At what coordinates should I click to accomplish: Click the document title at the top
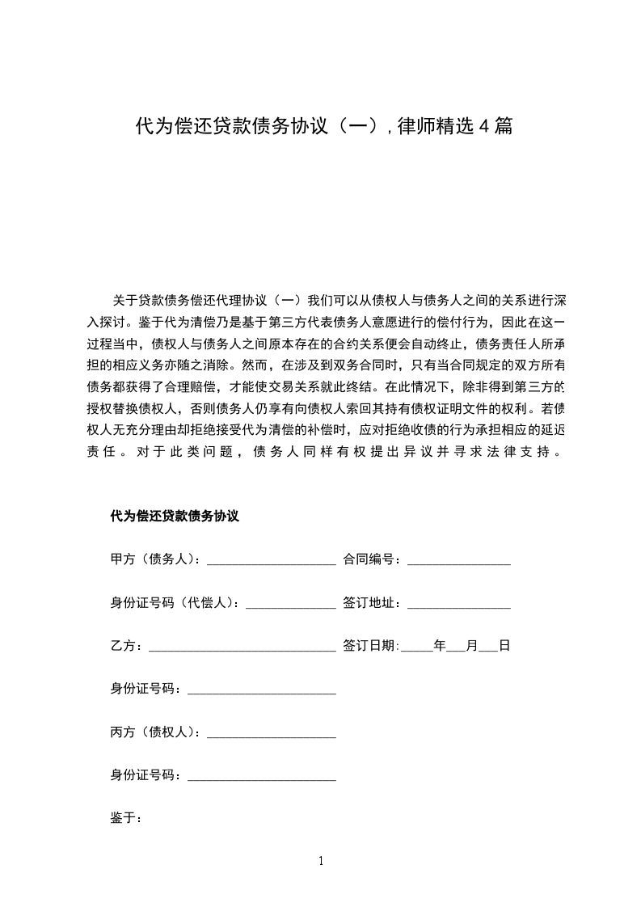point(323,127)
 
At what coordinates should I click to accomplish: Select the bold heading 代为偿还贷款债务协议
point(175,516)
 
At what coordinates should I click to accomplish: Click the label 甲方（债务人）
point(158,559)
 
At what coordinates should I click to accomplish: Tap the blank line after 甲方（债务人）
point(272,561)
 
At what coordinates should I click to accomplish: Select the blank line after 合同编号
point(458,561)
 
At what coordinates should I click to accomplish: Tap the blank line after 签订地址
point(458,605)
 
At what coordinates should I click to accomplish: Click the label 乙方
point(125,647)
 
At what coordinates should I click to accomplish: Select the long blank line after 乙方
point(242,648)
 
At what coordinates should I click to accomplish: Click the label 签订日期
point(370,647)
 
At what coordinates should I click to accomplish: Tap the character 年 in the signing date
point(440,647)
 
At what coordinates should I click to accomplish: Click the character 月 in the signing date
point(473,647)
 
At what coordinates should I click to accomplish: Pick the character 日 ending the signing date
point(504,647)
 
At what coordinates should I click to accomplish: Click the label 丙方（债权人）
point(158,732)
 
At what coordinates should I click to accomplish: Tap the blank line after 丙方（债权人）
point(272,734)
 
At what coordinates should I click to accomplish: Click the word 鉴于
point(125,817)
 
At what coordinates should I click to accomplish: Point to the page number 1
point(321,861)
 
